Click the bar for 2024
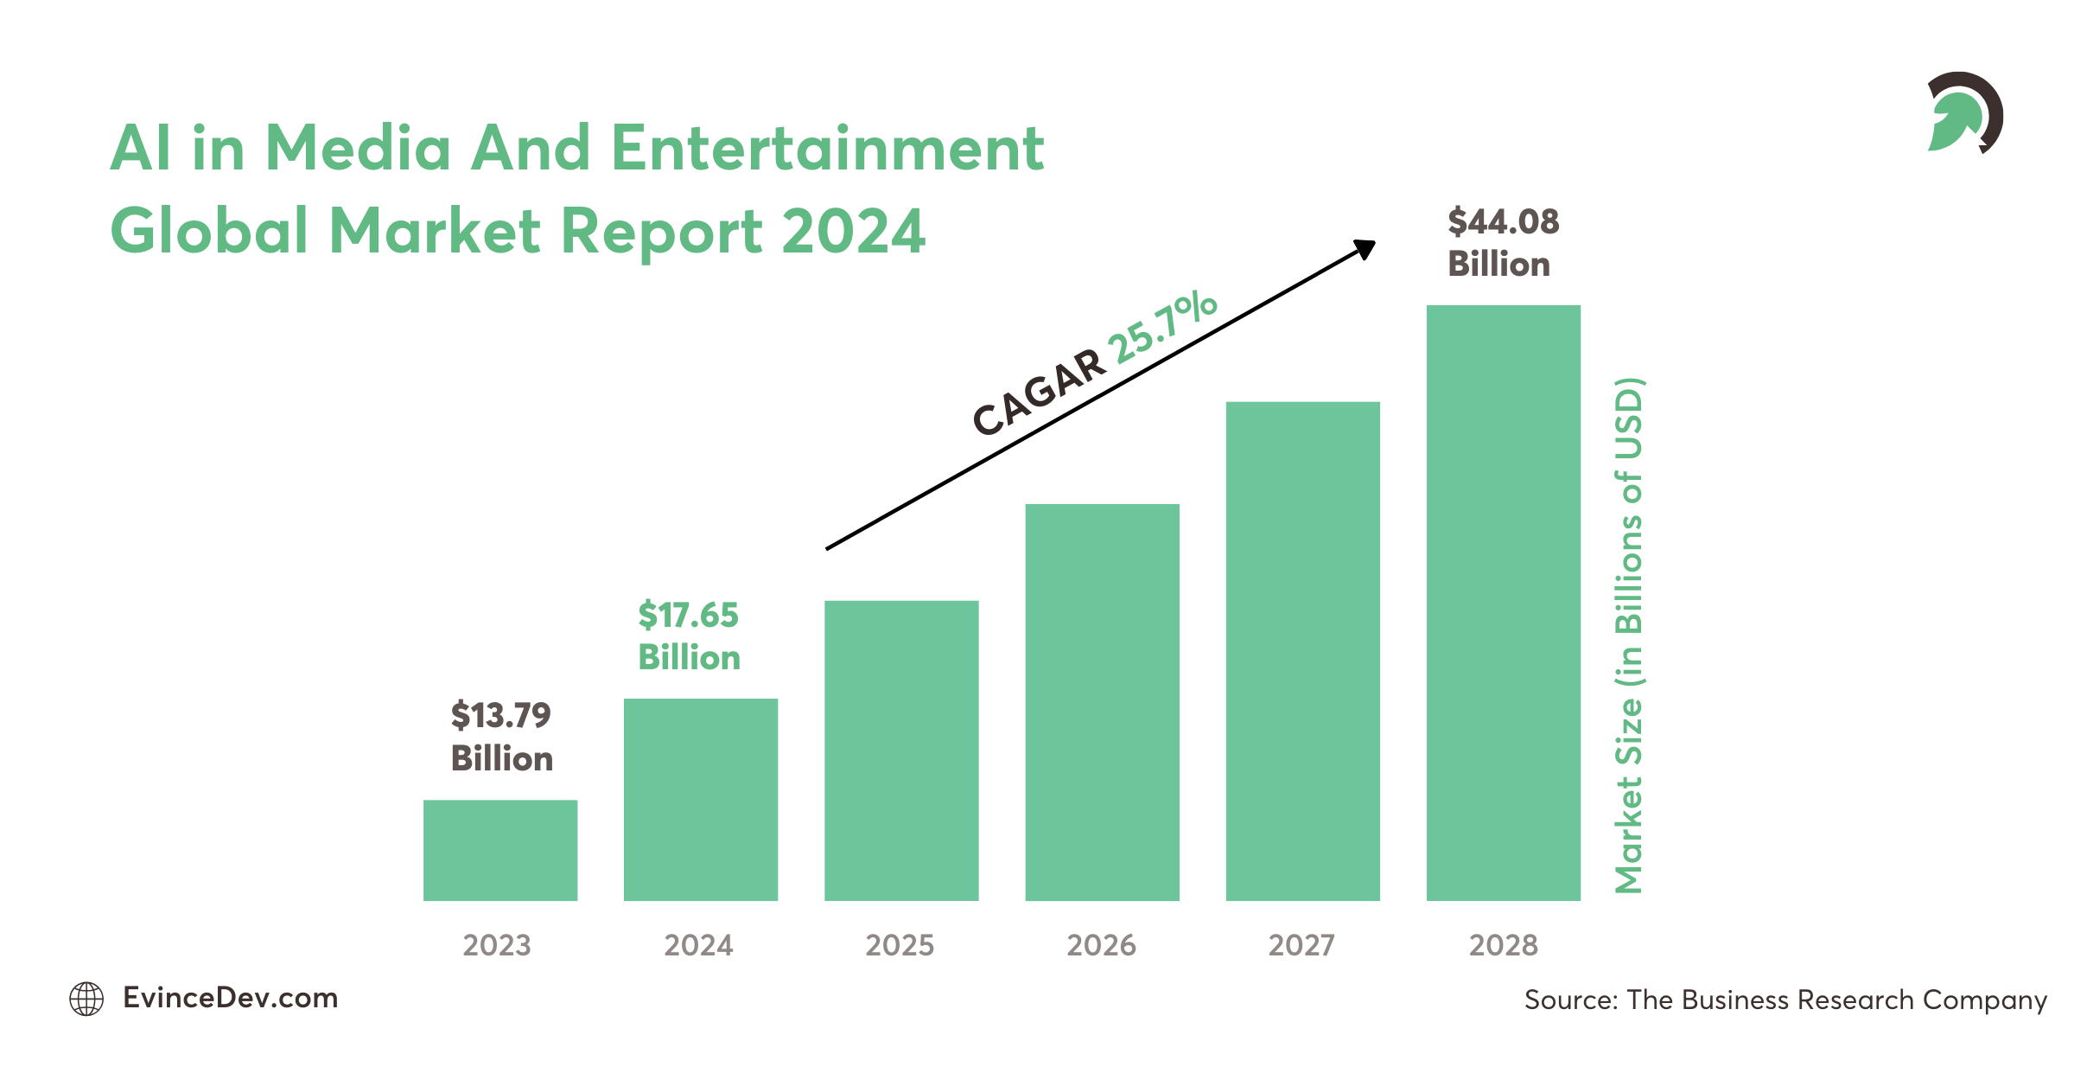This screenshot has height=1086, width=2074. (701, 800)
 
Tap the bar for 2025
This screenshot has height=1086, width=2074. (901, 751)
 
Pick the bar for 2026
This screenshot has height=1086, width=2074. (1102, 702)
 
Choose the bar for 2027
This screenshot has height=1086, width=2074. (1302, 651)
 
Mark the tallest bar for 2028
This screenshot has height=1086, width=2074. (1503, 603)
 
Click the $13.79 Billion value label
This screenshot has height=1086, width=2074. (501, 737)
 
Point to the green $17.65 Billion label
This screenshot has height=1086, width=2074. (689, 636)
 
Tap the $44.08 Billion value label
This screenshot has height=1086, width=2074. (1503, 243)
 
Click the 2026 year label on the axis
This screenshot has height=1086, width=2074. (1101, 945)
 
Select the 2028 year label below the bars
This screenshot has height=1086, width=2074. (1503, 945)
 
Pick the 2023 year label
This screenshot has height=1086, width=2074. (497, 945)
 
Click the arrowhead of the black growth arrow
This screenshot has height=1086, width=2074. (1365, 249)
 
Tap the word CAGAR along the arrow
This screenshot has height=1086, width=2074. (1039, 393)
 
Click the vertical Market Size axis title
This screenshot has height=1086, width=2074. (1629, 636)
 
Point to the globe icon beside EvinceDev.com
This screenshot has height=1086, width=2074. (86, 999)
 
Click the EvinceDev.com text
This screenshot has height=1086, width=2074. (230, 998)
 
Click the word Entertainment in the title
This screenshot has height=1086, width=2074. (827, 148)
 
